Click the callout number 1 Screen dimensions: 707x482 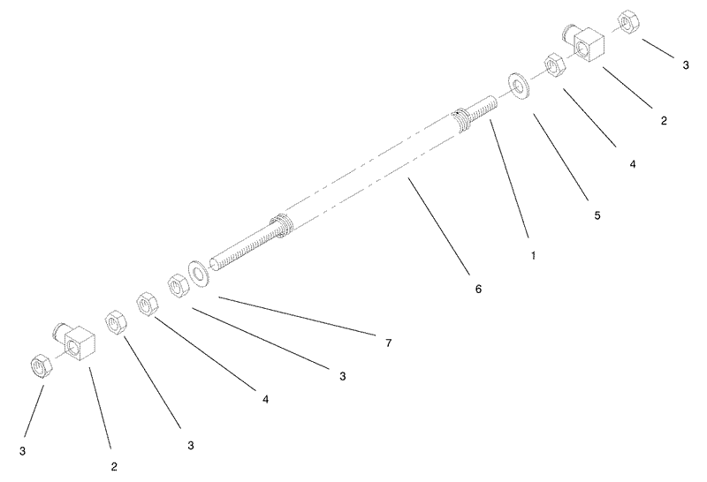coord(533,255)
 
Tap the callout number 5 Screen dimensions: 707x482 coord(597,215)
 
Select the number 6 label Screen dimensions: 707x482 coord(478,289)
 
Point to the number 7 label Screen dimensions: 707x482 coord(388,343)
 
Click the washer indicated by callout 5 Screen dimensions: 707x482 coord(519,86)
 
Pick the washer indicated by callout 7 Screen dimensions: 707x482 coord(198,274)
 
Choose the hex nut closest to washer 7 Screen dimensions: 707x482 coord(179,287)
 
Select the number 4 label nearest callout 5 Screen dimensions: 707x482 coord(633,164)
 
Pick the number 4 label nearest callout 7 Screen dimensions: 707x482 coord(266,399)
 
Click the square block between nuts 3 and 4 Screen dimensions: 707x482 coord(586,47)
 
